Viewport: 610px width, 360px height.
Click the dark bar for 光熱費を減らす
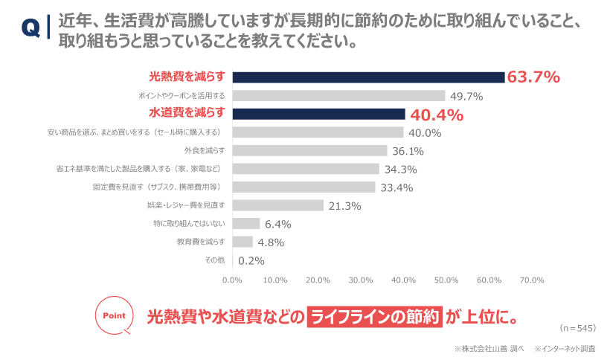pos(368,77)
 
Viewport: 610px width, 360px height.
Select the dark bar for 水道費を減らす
pos(318,114)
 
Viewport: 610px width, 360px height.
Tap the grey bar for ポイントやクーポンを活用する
pos(338,96)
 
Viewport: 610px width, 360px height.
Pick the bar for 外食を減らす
pos(309,150)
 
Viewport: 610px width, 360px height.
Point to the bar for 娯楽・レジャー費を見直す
pos(278,205)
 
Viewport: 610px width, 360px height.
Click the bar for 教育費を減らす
pos(243,242)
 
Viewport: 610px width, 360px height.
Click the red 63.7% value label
pos(533,77)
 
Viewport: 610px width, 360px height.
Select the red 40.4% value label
pos(437,115)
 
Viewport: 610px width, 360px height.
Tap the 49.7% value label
pos(466,96)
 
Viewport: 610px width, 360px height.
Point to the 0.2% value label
pos(251,260)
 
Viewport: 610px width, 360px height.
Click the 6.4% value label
pos(277,224)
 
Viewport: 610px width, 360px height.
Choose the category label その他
pos(214,260)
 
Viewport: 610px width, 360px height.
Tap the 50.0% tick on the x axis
pos(446,280)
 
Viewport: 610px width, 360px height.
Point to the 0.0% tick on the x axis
pos(233,280)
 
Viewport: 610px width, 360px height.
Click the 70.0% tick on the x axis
pos(532,280)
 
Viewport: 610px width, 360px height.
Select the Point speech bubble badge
pos(114,315)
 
